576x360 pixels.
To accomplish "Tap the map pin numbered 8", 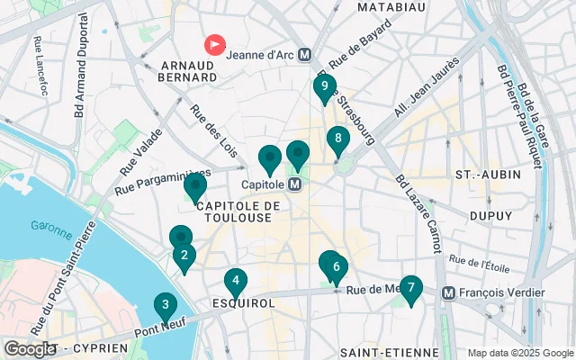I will pyautogui.click(x=338, y=139).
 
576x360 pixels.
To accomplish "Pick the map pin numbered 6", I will pyautogui.click(x=335, y=266).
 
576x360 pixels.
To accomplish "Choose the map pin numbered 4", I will pyautogui.click(x=236, y=281).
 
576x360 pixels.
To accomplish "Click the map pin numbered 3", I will pyautogui.click(x=165, y=305).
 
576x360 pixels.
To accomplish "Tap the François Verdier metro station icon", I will pyautogui.click(x=448, y=292).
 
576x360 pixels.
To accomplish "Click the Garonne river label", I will pyautogui.click(x=50, y=227).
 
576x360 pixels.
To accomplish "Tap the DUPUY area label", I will pyautogui.click(x=491, y=217).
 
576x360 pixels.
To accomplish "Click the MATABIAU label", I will pyautogui.click(x=391, y=7).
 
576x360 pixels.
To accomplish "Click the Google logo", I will pyautogui.click(x=30, y=348).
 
